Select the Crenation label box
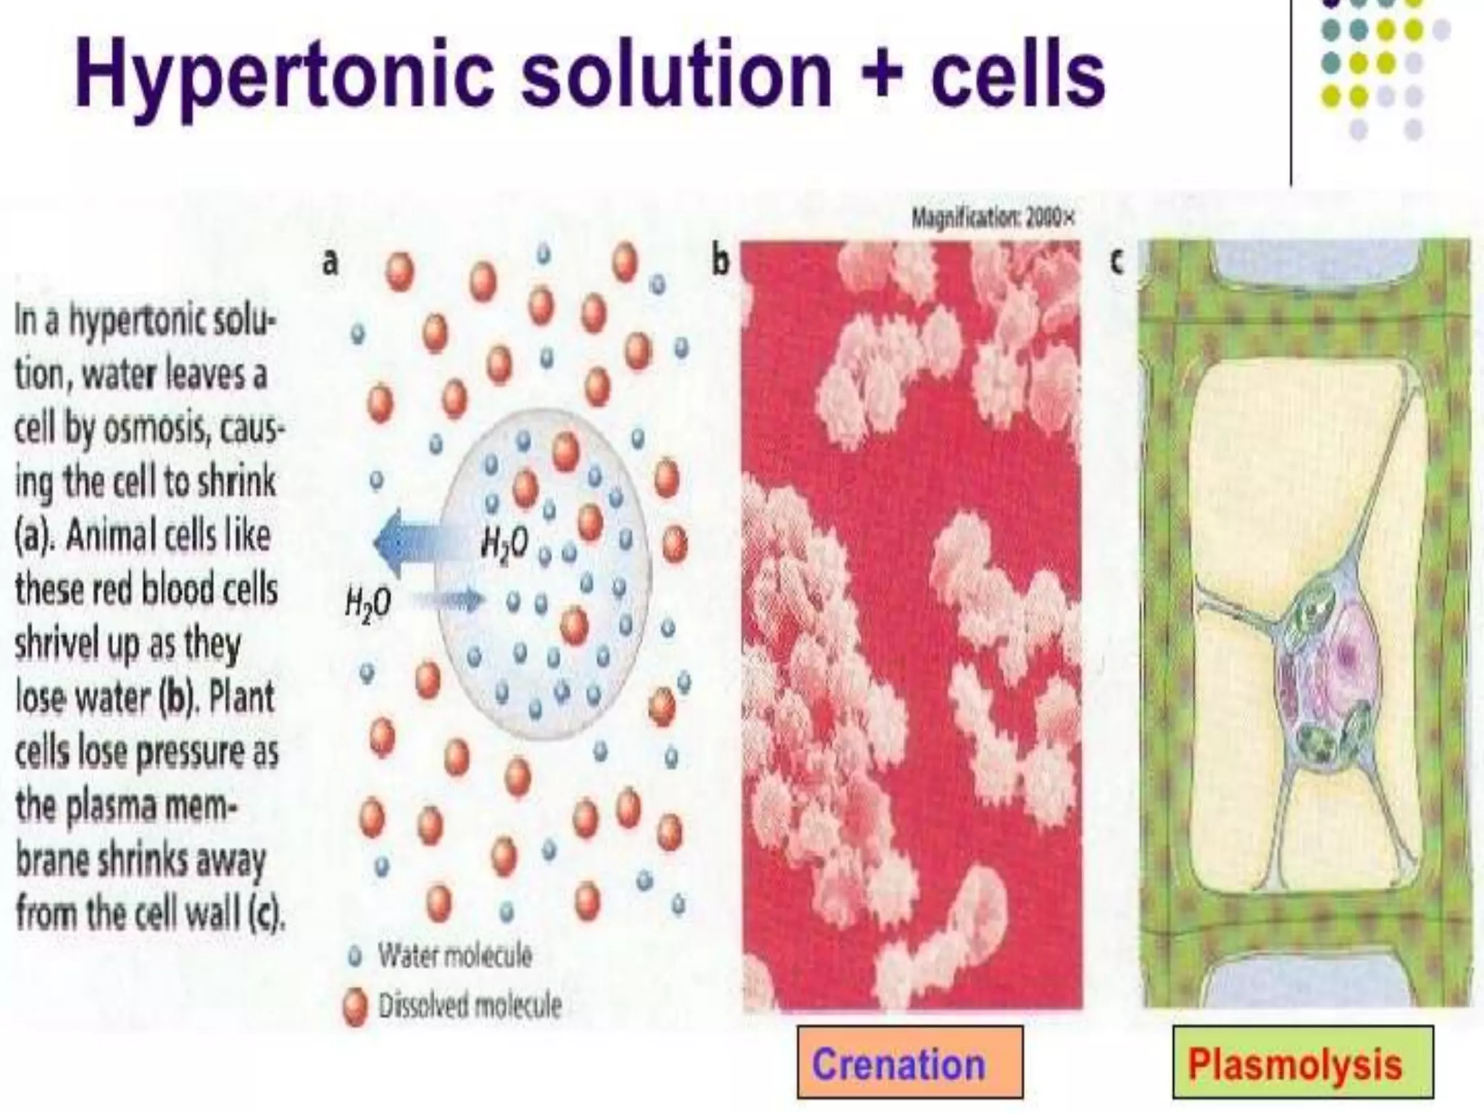coord(910,1062)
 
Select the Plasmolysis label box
coord(1302,1062)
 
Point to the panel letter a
coord(330,262)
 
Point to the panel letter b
coord(720,261)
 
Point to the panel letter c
coord(1117,261)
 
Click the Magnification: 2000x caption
coord(992,217)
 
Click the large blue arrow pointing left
coord(413,542)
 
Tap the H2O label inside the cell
coord(504,543)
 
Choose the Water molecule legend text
coord(454,956)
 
